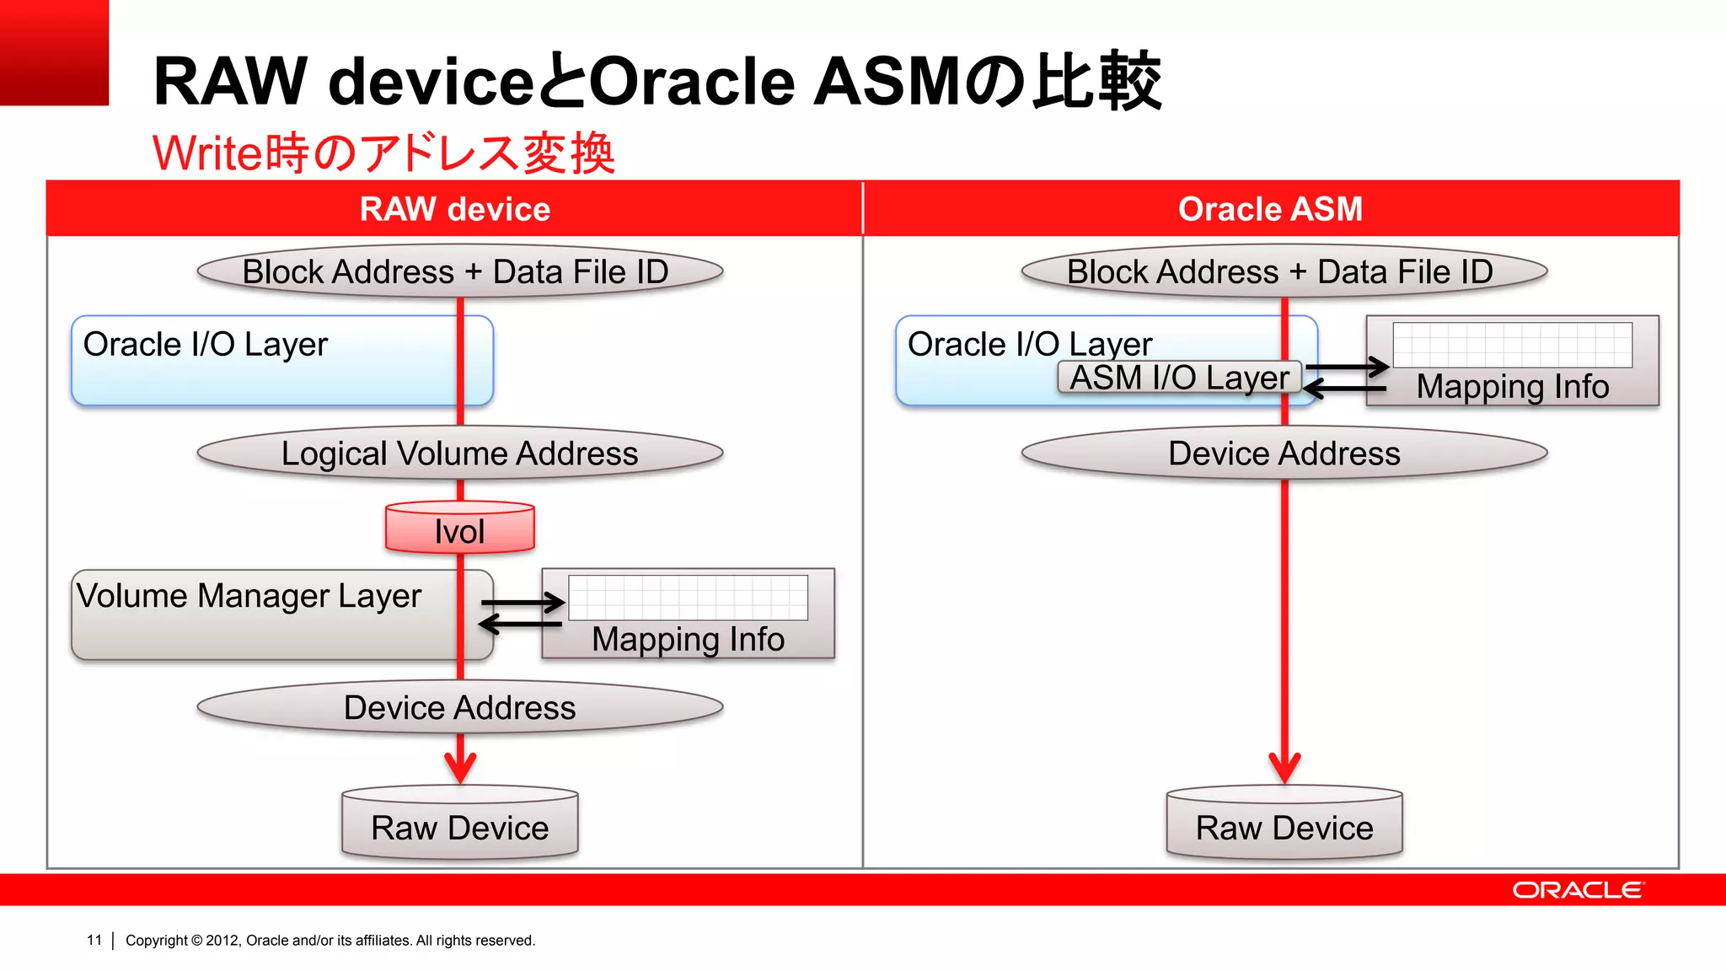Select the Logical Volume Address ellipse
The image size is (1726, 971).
click(x=460, y=453)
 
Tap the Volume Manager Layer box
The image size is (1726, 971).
click(x=253, y=615)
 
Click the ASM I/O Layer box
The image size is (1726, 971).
click(x=1179, y=378)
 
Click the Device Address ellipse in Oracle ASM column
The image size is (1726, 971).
click(x=1284, y=453)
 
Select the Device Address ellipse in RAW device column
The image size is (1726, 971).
click(x=460, y=707)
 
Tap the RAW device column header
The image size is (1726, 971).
click(x=455, y=209)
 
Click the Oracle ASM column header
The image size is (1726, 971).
click(x=1270, y=209)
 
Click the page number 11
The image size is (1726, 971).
click(x=94, y=940)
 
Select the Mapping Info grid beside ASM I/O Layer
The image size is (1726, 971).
click(x=1512, y=345)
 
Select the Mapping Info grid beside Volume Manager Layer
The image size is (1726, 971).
click(x=688, y=598)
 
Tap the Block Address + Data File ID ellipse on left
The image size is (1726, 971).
click(x=460, y=271)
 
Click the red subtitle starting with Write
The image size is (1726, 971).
click(x=383, y=153)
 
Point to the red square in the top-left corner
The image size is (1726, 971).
click(x=54, y=52)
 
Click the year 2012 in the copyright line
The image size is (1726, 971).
click(x=222, y=941)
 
